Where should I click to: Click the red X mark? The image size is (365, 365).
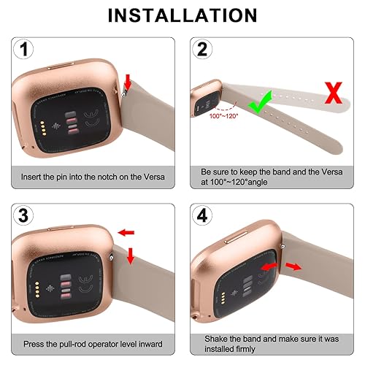tap(334, 93)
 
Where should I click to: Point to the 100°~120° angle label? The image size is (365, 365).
tap(223, 116)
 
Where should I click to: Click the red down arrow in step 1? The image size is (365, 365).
tap(128, 80)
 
